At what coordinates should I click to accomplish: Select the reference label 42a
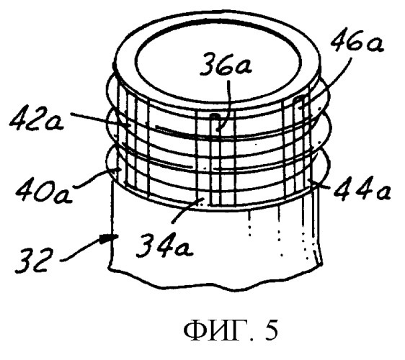click(37, 120)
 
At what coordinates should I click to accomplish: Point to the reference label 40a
click(43, 192)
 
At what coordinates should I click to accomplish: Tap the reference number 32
click(32, 260)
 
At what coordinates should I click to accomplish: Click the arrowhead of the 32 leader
click(110, 238)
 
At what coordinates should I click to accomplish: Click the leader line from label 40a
click(94, 177)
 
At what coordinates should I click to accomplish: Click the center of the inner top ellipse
click(218, 61)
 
